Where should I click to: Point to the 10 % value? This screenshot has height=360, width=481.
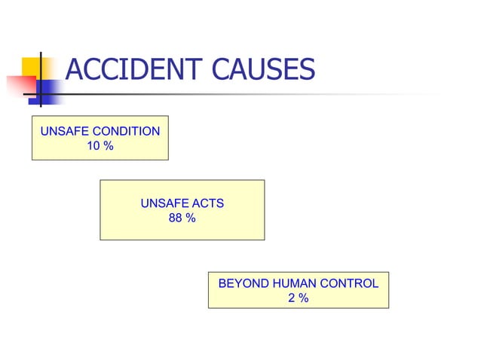[x=100, y=145]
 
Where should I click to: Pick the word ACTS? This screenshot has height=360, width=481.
[x=208, y=203]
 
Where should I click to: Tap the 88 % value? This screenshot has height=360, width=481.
[x=182, y=218]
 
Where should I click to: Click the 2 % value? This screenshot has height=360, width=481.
[x=298, y=298]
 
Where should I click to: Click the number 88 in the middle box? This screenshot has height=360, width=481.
[x=176, y=218]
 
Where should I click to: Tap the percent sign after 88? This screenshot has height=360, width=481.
[x=191, y=218]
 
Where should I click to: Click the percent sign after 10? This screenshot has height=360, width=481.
[x=109, y=145]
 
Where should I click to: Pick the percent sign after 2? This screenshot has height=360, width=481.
[x=302, y=298]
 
